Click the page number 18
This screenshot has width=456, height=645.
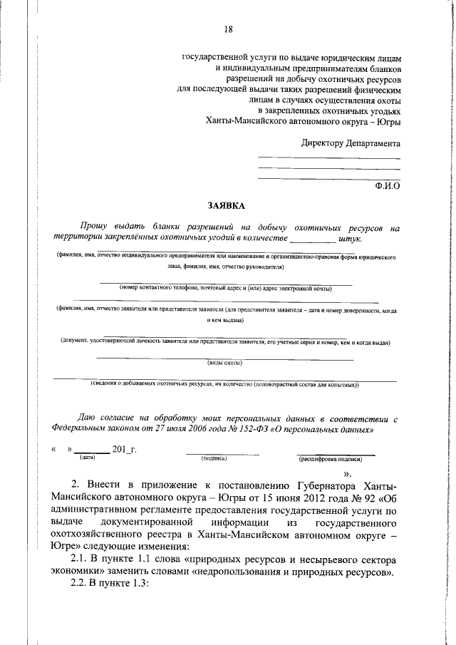click(x=229, y=29)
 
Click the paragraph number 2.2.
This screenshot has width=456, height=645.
click(x=90, y=612)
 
